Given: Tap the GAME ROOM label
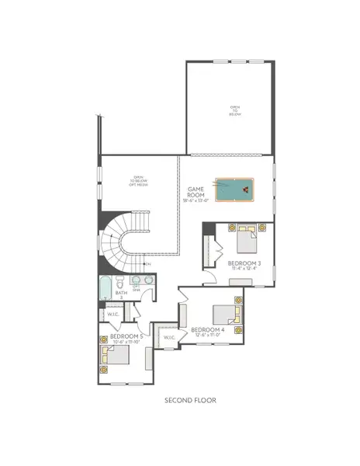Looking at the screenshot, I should coord(196,191).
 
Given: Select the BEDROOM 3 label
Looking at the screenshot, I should coord(244,263).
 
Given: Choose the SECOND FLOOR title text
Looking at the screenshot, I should coord(190,400).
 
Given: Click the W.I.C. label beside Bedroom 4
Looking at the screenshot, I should coord(168,337).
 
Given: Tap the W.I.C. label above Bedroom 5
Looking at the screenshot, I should coord(112,314).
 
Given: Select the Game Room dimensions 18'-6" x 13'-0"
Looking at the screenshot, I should coord(196,200).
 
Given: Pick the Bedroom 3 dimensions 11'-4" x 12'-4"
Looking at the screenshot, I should coord(244,270).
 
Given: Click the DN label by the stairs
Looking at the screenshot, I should coord(147,265).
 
